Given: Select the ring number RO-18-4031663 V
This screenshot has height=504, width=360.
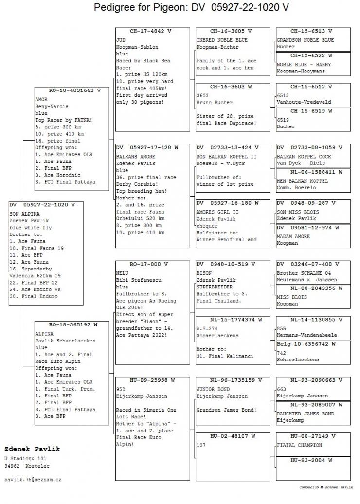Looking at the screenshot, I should (72, 90).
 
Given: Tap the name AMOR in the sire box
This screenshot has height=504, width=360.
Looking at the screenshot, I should (41, 99).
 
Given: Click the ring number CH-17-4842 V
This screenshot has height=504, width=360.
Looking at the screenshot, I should (152, 31).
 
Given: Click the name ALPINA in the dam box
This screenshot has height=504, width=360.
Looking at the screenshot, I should (44, 334).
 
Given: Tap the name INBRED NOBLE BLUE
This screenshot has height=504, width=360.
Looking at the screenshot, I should (222, 40).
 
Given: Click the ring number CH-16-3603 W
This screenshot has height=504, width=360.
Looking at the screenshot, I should (226, 87).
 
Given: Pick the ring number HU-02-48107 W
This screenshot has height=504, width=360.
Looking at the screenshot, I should (226, 436).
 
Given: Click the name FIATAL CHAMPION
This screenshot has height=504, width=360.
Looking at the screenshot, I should (299, 445).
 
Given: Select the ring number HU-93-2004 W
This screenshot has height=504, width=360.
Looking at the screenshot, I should (313, 460).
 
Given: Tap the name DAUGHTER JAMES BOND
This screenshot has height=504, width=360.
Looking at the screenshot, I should (306, 414).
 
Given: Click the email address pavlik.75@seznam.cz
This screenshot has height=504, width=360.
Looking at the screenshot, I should (33, 480).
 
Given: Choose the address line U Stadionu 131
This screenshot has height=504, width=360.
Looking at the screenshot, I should (25, 459).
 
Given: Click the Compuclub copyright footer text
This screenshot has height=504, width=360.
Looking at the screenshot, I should (325, 487).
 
